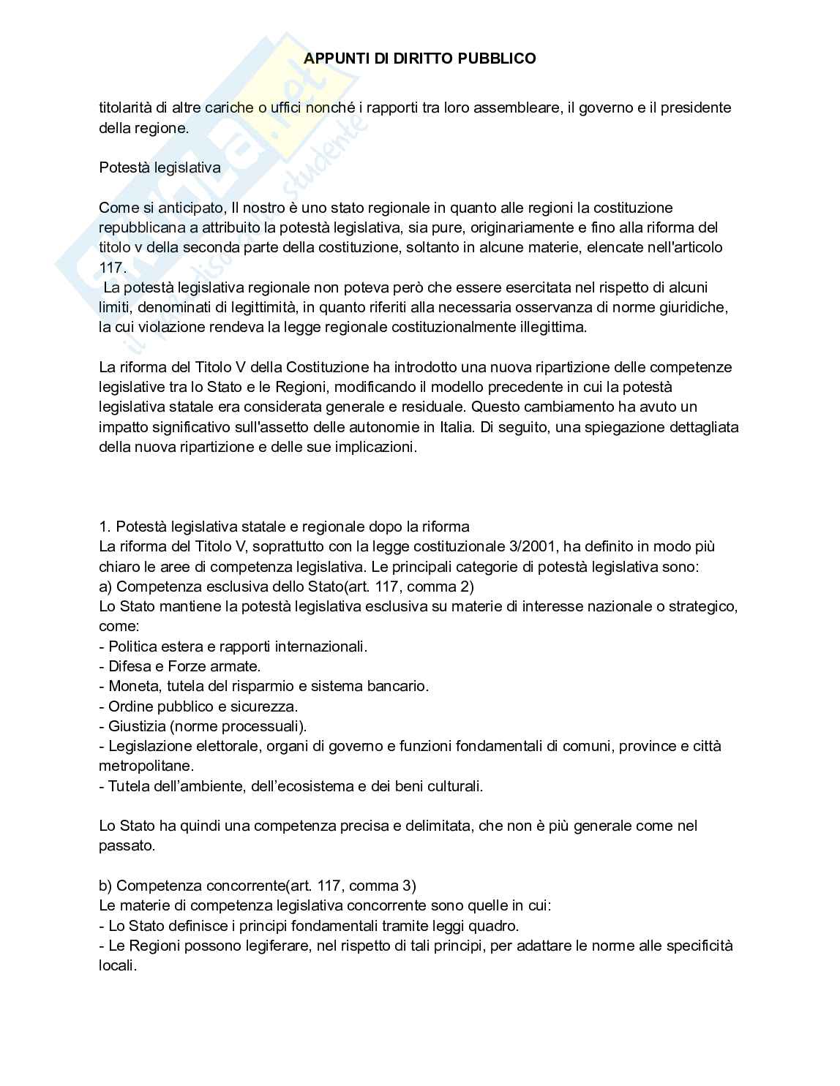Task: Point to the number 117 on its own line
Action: [112, 268]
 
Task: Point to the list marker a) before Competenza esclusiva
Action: [105, 587]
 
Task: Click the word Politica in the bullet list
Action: [132, 646]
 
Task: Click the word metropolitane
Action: [146, 766]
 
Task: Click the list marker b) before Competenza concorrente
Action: [105, 886]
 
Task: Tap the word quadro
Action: [495, 926]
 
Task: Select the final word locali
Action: [117, 965]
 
